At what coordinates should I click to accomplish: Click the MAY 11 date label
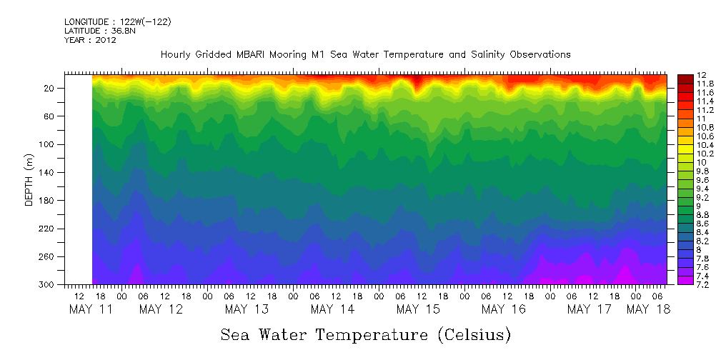click(x=91, y=309)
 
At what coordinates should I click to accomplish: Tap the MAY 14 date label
click(x=332, y=309)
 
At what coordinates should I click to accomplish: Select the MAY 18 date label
click(x=648, y=309)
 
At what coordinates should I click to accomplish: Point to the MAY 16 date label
click(x=504, y=309)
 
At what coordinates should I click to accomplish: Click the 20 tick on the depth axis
click(x=50, y=88)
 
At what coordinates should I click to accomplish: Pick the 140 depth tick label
click(x=47, y=172)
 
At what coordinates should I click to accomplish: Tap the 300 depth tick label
click(x=47, y=284)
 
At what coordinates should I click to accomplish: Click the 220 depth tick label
click(x=47, y=229)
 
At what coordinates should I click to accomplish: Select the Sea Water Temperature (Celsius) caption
click(x=366, y=334)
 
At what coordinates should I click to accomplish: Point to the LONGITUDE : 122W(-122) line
click(x=117, y=22)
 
